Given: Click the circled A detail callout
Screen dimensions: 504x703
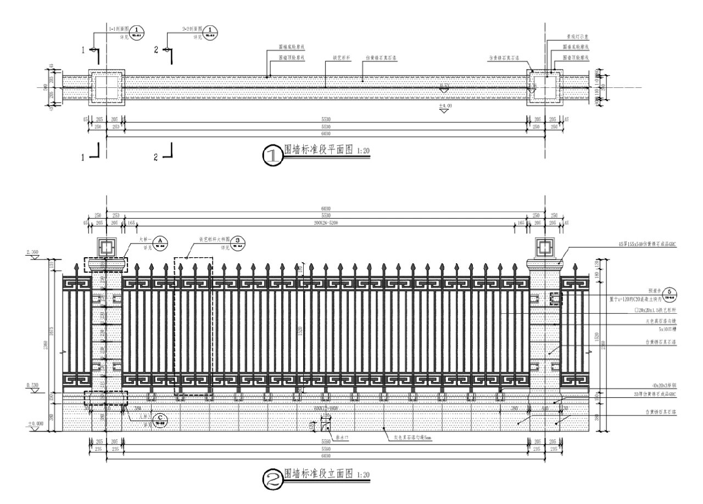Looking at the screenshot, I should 159,241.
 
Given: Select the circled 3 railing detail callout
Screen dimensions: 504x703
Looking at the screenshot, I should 237,241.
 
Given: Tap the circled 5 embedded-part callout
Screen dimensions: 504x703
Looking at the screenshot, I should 669,292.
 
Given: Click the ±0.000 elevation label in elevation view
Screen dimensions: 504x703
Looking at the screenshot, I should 35,424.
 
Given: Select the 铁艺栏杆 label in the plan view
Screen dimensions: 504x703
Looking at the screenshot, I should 341,57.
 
